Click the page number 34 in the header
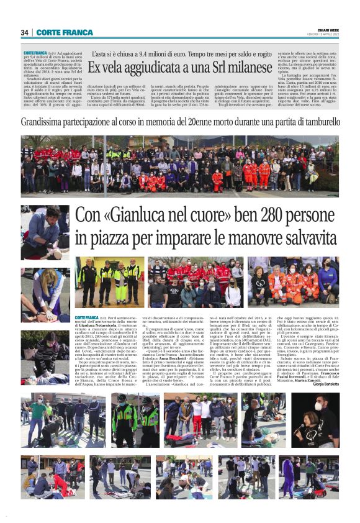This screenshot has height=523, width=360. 25,32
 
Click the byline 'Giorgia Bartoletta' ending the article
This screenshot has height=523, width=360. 322,384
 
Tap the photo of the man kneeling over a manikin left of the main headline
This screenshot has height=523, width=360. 45,232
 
